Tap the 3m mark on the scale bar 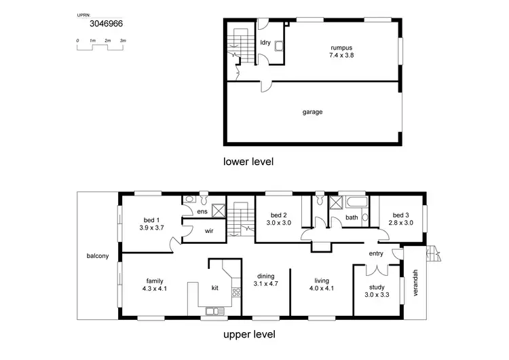123,41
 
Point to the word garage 312,111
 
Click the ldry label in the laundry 265,43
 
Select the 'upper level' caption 249,335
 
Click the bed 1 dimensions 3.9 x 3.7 151,228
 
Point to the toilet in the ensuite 191,200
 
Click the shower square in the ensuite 219,210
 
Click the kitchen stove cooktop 237,293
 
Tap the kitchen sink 214,311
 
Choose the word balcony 98,256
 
